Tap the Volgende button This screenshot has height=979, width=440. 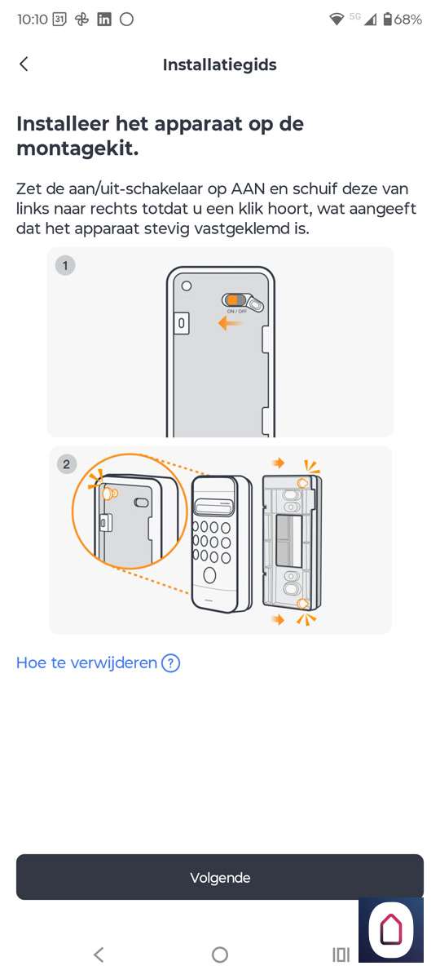click(x=219, y=877)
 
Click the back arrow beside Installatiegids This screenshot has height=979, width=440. click(x=24, y=64)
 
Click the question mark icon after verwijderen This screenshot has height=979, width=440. click(x=170, y=663)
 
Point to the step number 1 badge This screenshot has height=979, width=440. click(x=65, y=265)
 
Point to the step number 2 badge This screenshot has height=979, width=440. click(x=66, y=463)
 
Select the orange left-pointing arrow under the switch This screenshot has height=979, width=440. click(x=230, y=323)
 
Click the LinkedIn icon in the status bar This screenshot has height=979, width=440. click(x=104, y=20)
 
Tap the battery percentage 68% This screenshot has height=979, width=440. click(x=407, y=20)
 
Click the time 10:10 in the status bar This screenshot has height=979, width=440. click(x=33, y=20)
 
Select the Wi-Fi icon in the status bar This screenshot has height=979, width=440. click(x=336, y=20)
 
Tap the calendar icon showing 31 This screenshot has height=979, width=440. click(x=59, y=20)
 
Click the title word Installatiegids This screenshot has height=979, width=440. click(x=219, y=64)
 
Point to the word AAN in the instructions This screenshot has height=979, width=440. click(x=248, y=188)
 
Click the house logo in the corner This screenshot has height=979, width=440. click(x=391, y=929)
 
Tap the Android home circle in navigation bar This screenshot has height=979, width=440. click(x=219, y=955)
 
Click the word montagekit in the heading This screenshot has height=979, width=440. click(x=77, y=148)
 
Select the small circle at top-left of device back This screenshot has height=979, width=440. click(x=187, y=286)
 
